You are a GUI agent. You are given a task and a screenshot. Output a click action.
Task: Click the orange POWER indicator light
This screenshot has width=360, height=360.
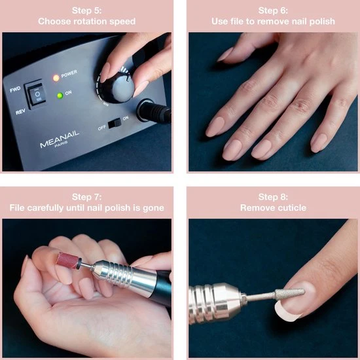pyautogui.click(x=56, y=78)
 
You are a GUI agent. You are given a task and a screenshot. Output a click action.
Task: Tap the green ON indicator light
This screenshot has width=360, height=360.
pyautogui.click(x=60, y=96)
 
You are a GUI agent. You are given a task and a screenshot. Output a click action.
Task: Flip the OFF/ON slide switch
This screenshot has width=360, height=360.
pyautogui.click(x=115, y=123)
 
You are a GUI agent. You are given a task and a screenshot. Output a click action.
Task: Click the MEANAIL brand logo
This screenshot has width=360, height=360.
pyautogui.click(x=60, y=139)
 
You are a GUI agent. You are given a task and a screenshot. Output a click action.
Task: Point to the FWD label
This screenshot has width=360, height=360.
pyautogui.click(x=15, y=89)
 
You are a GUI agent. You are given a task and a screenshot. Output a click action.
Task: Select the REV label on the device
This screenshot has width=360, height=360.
pyautogui.click(x=20, y=112)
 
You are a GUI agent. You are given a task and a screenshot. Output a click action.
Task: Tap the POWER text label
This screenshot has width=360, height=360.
pyautogui.click(x=69, y=74)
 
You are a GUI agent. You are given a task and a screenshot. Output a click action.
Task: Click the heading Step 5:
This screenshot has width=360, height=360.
pyautogui.click(x=87, y=10)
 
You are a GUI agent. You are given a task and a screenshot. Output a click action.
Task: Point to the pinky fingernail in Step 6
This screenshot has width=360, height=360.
pyautogui.click(x=319, y=143)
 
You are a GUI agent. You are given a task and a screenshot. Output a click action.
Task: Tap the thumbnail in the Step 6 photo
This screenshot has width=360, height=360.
pyautogui.click(x=225, y=54)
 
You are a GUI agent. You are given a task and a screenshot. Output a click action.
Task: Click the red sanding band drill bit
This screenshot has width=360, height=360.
pyautogui.click(x=67, y=261)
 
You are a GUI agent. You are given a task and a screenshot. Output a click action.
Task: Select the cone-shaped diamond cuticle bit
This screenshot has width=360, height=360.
pyautogui.click(x=290, y=294)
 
